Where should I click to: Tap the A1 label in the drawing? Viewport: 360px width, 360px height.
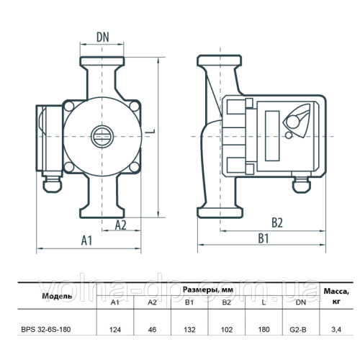[86, 240]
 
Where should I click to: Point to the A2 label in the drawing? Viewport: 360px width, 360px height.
[120, 225]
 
